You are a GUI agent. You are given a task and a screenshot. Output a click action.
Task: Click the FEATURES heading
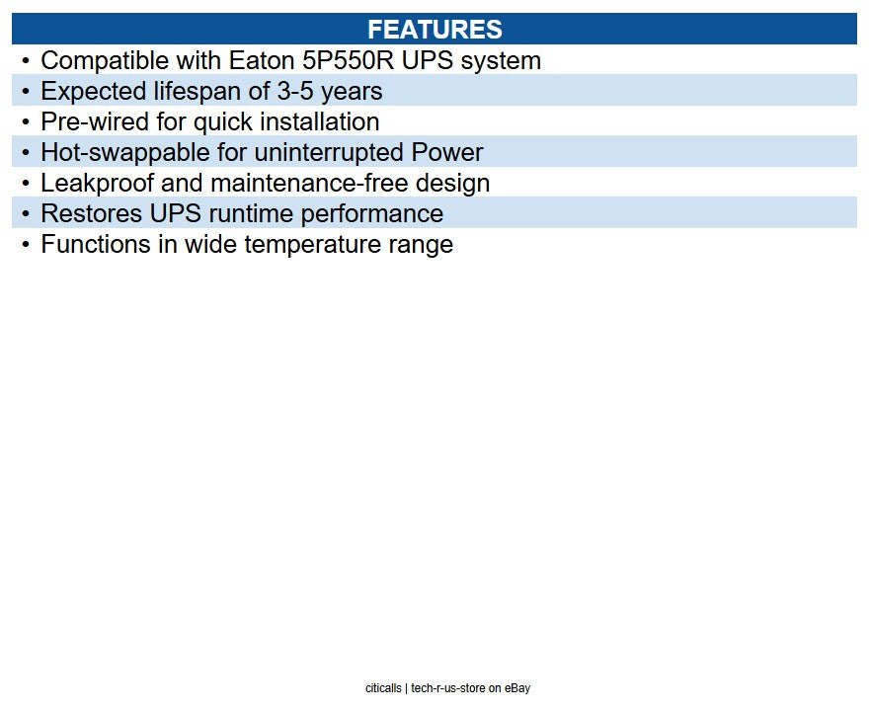pyautogui.click(x=435, y=29)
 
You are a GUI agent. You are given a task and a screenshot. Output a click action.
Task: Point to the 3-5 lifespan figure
pyautogui.click(x=293, y=92)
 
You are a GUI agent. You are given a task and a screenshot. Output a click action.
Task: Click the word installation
pyautogui.click(x=320, y=122)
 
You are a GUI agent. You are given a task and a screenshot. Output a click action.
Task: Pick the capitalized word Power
pyautogui.click(x=447, y=153)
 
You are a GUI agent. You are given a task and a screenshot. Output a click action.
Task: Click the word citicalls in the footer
pyautogui.click(x=383, y=688)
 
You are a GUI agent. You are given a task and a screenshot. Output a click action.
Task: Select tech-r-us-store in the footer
pyautogui.click(x=448, y=688)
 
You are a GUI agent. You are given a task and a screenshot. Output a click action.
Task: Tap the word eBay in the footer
pyautogui.click(x=517, y=688)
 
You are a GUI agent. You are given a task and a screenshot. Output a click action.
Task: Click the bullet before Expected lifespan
pyautogui.click(x=26, y=92)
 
